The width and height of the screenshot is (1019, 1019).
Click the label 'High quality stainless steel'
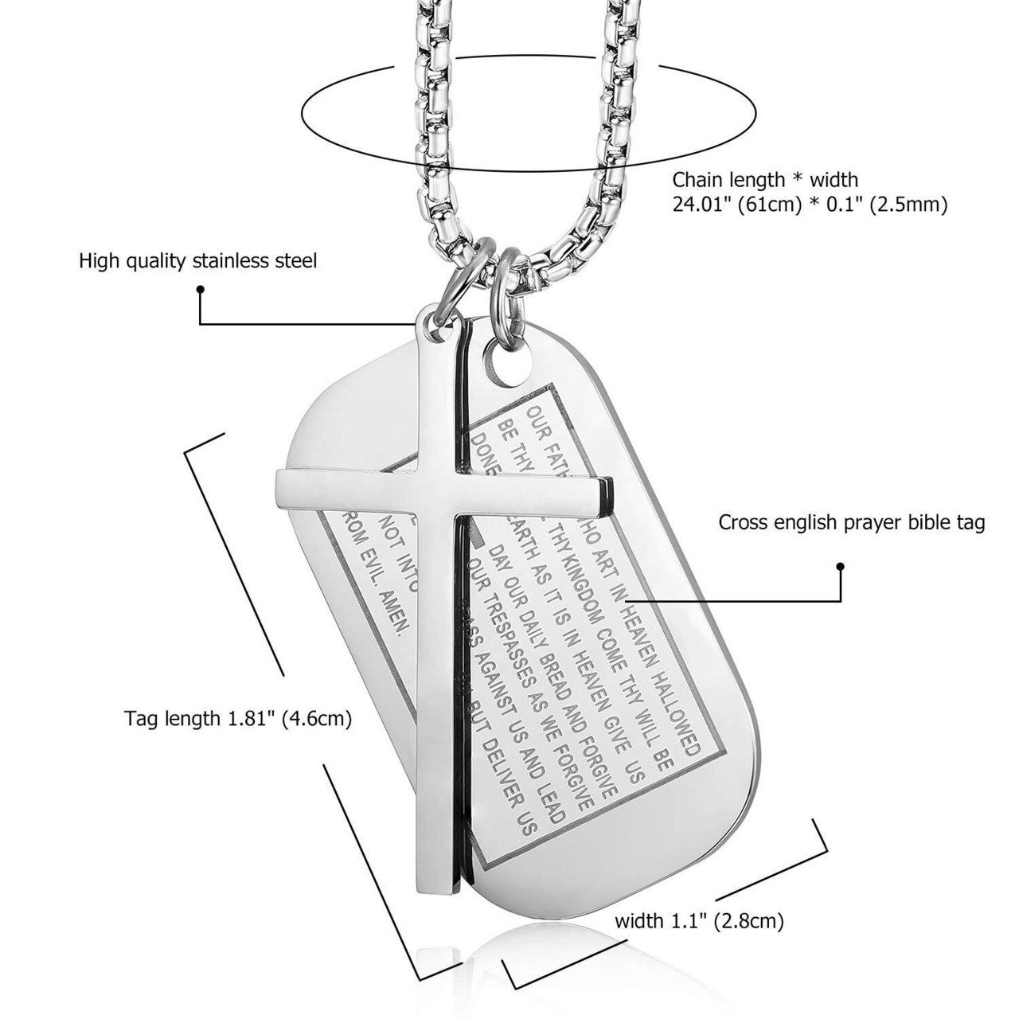click(197, 261)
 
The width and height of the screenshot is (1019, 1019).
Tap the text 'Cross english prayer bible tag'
click(852, 523)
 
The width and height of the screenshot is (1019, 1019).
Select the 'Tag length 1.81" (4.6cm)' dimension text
click(238, 719)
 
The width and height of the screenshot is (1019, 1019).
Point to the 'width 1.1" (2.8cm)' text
click(699, 922)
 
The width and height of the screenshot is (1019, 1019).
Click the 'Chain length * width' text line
click(765, 180)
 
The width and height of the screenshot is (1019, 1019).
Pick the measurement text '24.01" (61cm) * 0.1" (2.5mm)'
click(810, 205)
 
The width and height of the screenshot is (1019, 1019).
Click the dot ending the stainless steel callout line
click(200, 290)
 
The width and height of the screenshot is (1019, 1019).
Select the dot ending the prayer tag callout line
click(840, 567)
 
